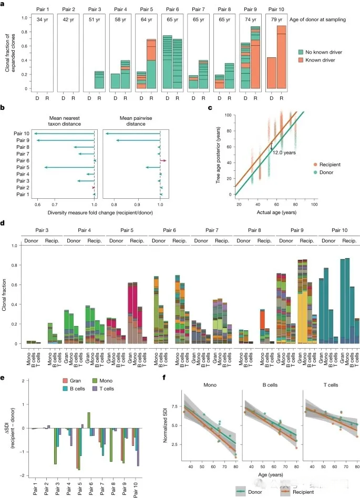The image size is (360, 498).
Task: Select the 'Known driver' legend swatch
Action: click(x=301, y=60)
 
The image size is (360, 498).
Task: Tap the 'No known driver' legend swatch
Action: click(x=301, y=52)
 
